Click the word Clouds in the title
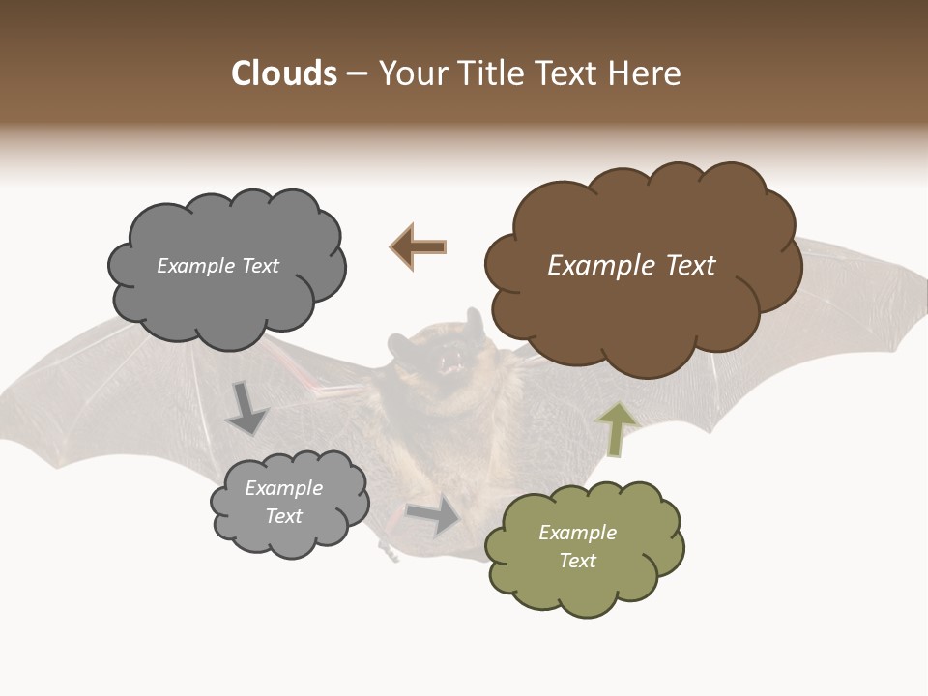pos(284,73)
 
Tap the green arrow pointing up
pos(616,429)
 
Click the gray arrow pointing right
pos(434,515)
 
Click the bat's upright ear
pos(474,322)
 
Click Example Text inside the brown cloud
pos(631,266)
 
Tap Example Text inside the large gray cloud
pos(217,266)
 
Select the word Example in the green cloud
pos(577,533)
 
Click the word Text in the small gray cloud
pos(283,516)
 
